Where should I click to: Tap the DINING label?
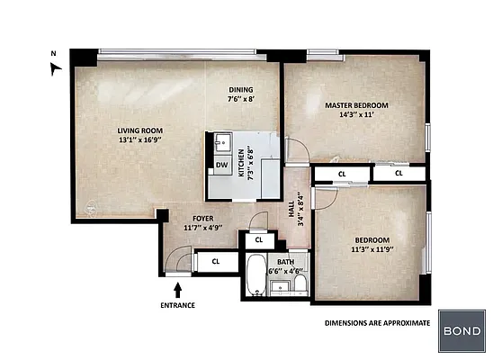tap(240, 89)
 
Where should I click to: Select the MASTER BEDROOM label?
tap(354, 104)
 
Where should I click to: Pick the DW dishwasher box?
tap(221, 165)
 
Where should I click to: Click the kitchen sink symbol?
tap(221, 142)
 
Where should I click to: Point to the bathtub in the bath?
tap(255, 274)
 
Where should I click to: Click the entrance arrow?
tap(177, 289)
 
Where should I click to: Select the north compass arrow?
tap(57, 67)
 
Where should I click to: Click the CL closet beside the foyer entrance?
tap(215, 261)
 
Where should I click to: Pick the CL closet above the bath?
tap(259, 240)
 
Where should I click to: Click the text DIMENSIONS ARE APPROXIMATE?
tap(376, 321)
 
